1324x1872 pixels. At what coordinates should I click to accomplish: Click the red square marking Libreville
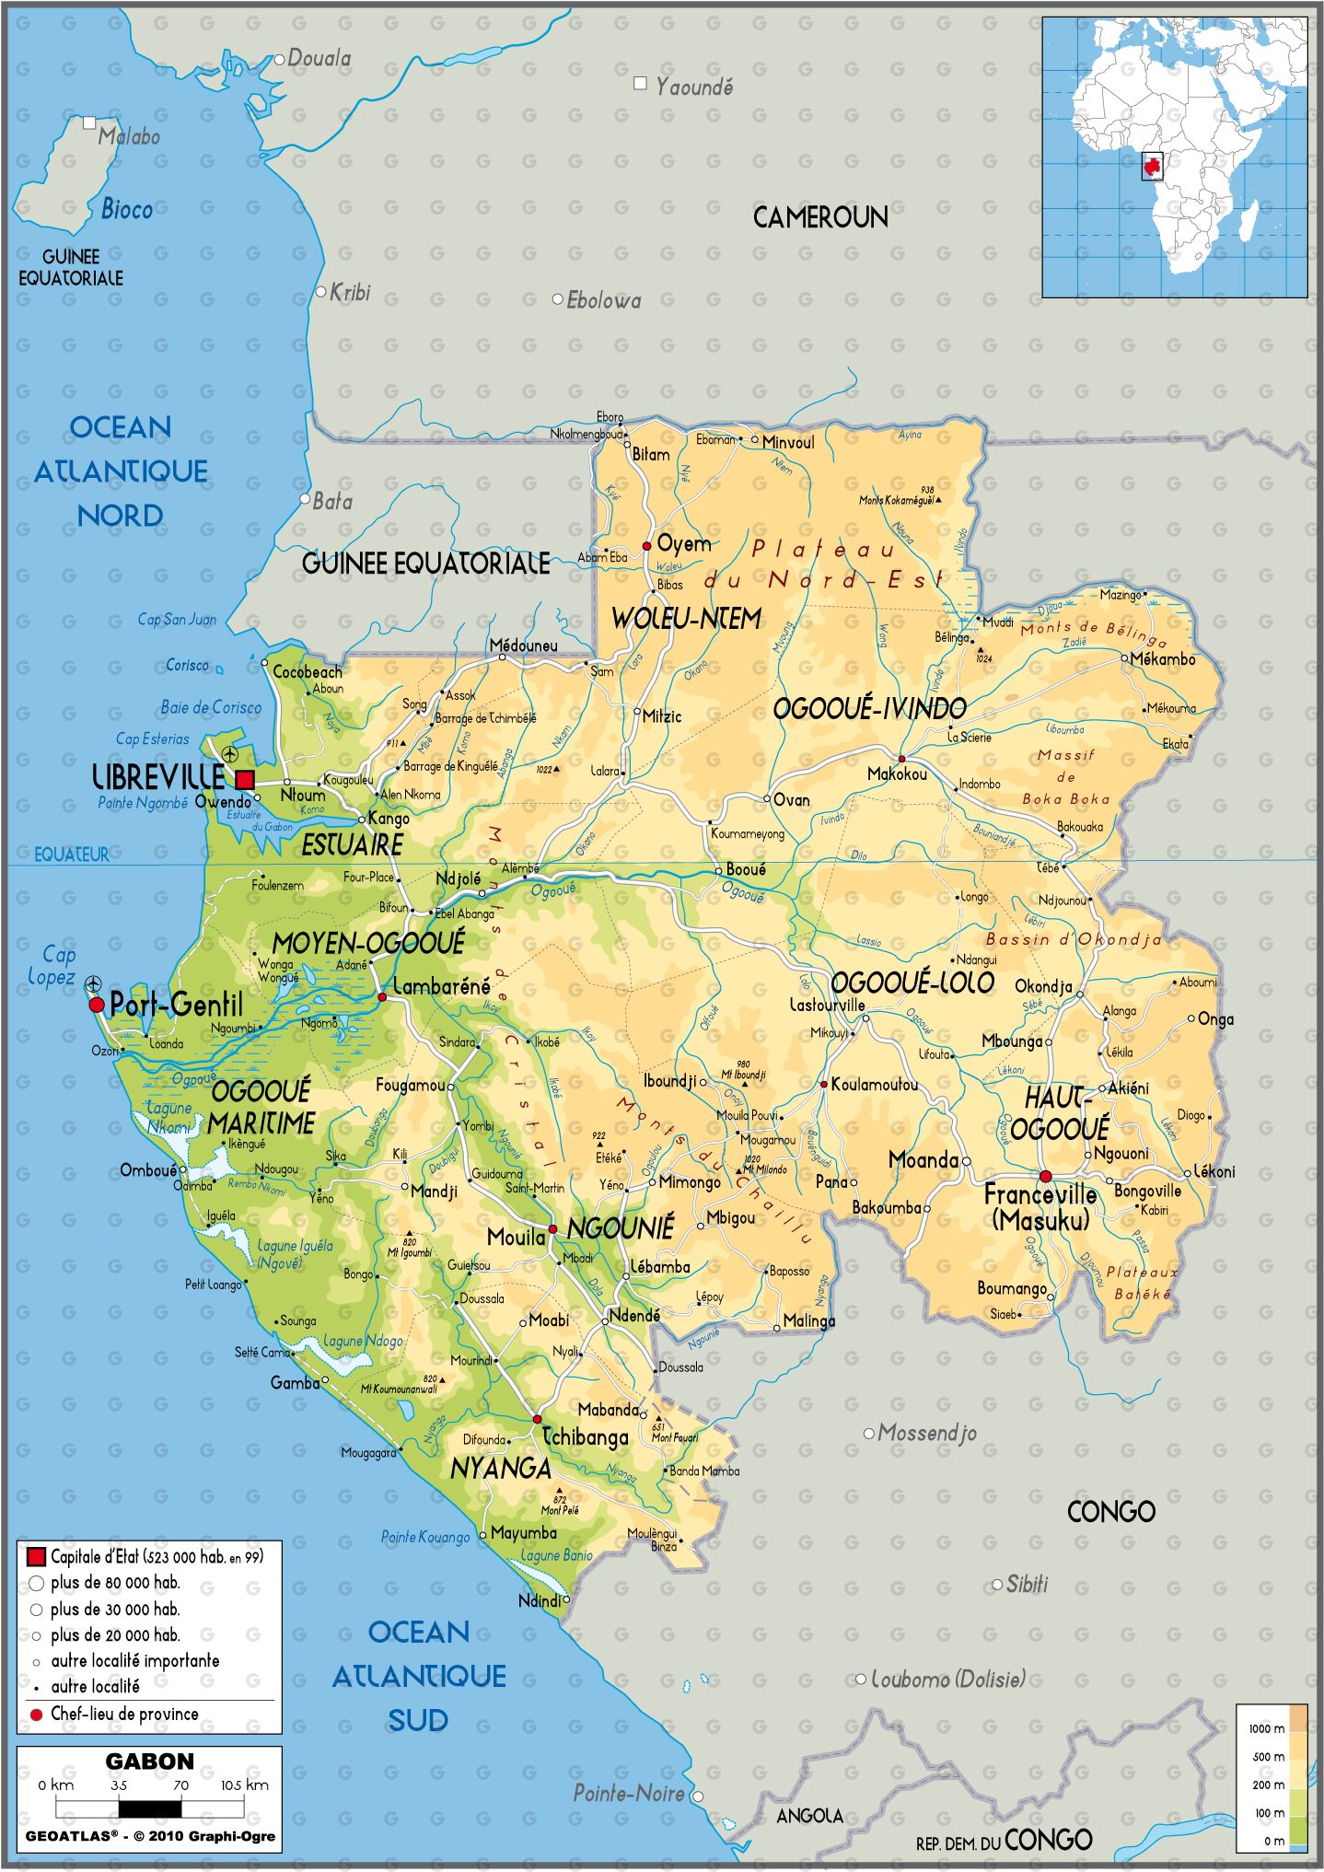tap(244, 780)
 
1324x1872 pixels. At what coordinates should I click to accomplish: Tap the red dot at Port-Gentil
tap(97, 1005)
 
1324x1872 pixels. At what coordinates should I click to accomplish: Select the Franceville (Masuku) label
tap(1040, 1206)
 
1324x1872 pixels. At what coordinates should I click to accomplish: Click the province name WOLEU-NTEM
tap(686, 619)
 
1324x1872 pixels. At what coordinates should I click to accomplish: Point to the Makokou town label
tap(897, 774)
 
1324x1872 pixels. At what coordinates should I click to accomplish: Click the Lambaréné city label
tap(441, 986)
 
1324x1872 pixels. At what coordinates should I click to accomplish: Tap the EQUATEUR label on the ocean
tap(71, 855)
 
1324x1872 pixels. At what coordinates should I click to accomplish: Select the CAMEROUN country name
tap(820, 217)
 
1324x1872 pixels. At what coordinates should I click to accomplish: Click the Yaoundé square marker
tap(640, 84)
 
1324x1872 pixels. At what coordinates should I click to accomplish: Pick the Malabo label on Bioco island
tap(129, 136)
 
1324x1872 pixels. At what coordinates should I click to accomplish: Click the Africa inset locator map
tap(1174, 157)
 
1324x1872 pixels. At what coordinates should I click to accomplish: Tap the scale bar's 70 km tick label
tap(180, 1785)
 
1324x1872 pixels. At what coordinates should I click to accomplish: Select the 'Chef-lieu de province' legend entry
tap(124, 1714)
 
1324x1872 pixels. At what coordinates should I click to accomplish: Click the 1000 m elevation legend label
tap(1266, 1728)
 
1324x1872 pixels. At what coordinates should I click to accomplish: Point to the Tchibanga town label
tap(585, 1436)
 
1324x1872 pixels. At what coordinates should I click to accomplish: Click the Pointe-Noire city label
tap(628, 1793)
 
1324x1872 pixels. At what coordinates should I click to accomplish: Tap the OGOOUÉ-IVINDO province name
tap(869, 709)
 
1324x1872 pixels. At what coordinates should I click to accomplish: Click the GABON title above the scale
tap(149, 1761)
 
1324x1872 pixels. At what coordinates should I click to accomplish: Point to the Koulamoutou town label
tap(874, 1085)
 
